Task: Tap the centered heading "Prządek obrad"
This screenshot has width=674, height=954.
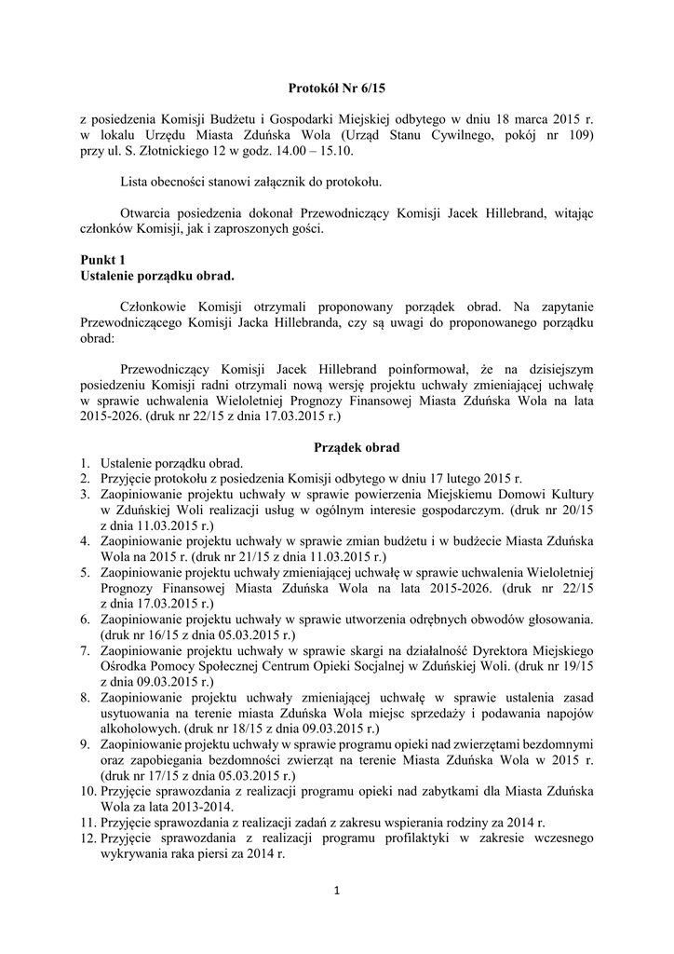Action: coord(336,448)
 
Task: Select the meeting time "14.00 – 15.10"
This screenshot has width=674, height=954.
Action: coord(312,151)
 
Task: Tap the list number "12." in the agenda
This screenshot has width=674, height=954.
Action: coord(88,838)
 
